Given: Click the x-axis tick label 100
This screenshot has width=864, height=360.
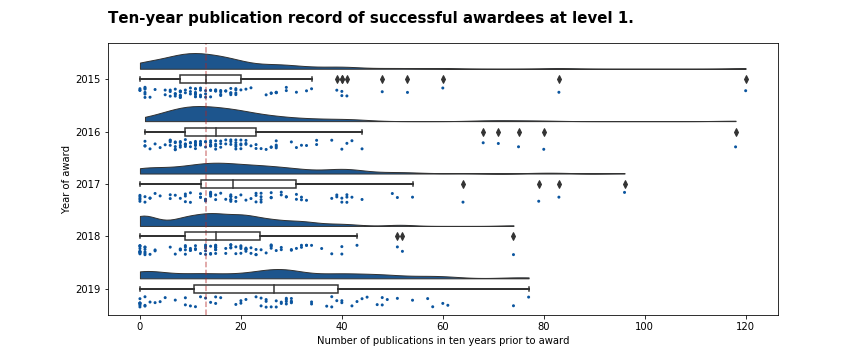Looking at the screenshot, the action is pos(645,325).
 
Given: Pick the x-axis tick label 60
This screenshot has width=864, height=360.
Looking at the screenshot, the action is pos(443,325).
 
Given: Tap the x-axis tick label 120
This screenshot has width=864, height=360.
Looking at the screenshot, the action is pos(746,325).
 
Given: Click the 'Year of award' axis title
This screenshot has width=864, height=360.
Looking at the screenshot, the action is pos(66,180).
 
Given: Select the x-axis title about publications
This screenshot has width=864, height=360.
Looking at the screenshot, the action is pos(443,341).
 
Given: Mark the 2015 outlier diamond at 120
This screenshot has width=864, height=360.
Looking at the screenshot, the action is pos(746,79).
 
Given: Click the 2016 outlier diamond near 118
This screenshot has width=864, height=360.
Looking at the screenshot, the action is pos(736,132).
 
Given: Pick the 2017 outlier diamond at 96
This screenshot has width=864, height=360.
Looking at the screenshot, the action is pos(625,184).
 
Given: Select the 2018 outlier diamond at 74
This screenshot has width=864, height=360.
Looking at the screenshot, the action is pos(514,237).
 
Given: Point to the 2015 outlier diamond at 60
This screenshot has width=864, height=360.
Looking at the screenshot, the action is pos(443,79).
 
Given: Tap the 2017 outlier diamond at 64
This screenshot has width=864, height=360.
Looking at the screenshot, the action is pos(463,184).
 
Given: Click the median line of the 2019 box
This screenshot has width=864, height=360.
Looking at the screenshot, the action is pos(274,289).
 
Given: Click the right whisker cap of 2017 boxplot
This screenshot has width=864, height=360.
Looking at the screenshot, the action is pos(413,184).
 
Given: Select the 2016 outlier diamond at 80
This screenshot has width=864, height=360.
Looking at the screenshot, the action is pos(544,132).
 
